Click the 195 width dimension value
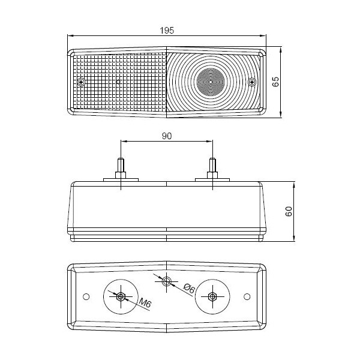coord(167,31)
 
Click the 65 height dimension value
coord(275,82)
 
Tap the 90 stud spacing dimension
coord(167,136)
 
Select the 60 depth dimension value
coord(289,211)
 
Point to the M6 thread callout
coord(145,304)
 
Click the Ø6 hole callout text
coord(189,288)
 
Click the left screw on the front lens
coord(81,82)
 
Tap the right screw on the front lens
coord(253,82)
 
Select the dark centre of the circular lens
coord(211,82)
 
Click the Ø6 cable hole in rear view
coord(166,281)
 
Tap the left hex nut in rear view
coord(121,296)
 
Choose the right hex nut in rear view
coord(212,296)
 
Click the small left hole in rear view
coord(86,296)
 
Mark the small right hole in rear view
coord(247,296)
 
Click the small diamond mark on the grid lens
coord(118,82)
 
